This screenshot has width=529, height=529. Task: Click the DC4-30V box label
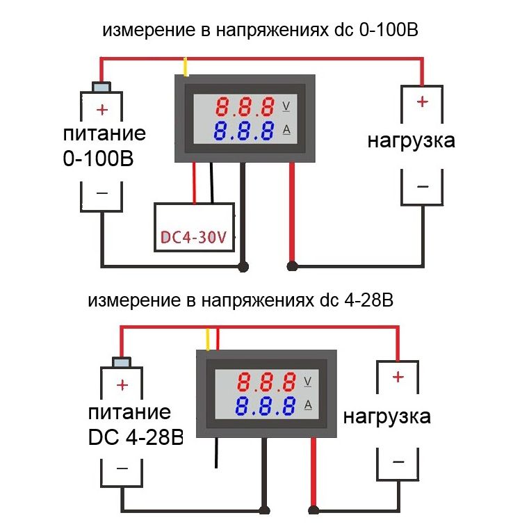194,238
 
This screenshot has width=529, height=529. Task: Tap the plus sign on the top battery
102,109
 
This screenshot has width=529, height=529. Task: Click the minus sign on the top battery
102,193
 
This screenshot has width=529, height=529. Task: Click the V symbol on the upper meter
287,106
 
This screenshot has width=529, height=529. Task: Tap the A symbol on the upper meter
287,129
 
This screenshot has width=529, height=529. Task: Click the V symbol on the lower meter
308,381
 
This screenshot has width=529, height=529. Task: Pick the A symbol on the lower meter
308,404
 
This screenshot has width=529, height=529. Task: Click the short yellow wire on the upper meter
186,67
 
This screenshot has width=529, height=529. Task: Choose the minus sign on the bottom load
398,462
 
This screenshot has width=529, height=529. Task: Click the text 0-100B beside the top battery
97,158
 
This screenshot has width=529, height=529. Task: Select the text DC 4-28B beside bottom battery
136,437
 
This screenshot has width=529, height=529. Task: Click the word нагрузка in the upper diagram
412,140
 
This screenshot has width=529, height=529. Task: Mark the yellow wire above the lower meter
206,340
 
